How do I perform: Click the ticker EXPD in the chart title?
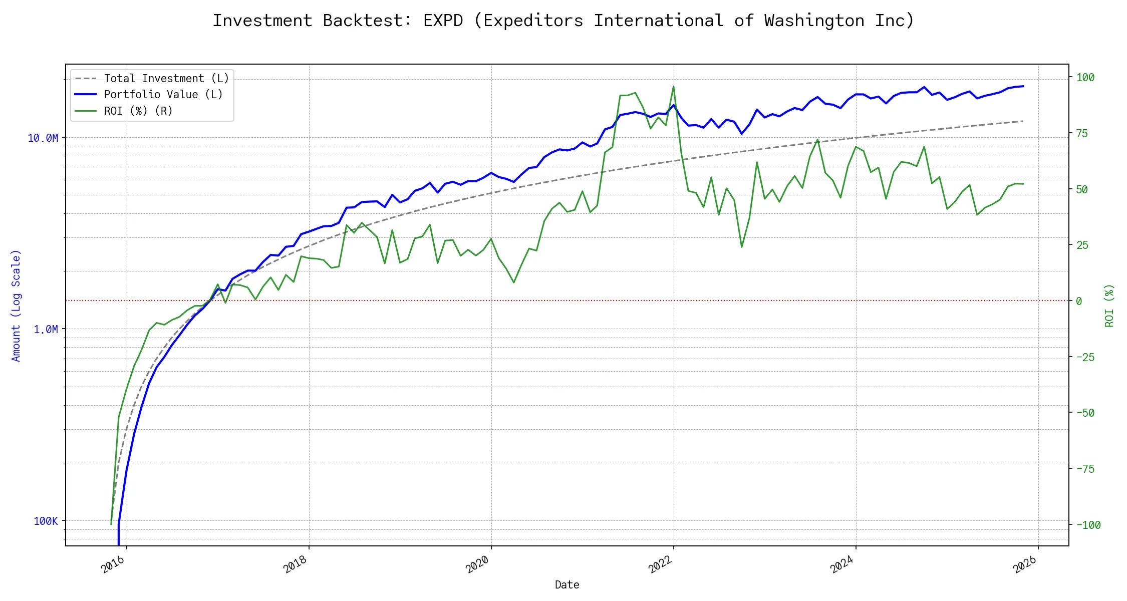click(x=443, y=21)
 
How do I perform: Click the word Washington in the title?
click(x=814, y=21)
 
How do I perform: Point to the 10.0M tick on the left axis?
click(x=43, y=138)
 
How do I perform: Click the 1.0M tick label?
click(x=46, y=330)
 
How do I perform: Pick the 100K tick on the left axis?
click(x=46, y=521)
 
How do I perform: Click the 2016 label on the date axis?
click(x=113, y=565)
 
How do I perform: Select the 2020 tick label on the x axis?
click(x=477, y=565)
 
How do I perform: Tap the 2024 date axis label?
click(x=842, y=565)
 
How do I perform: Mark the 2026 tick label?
click(x=1024, y=565)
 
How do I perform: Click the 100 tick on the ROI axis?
click(x=1085, y=78)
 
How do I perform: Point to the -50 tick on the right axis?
click(x=1085, y=413)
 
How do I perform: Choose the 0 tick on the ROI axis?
click(x=1079, y=301)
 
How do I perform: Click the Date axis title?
click(x=567, y=585)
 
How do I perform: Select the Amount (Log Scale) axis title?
click(x=16, y=306)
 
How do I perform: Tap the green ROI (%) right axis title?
click(x=1109, y=306)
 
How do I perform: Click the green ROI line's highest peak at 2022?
click(x=673, y=86)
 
